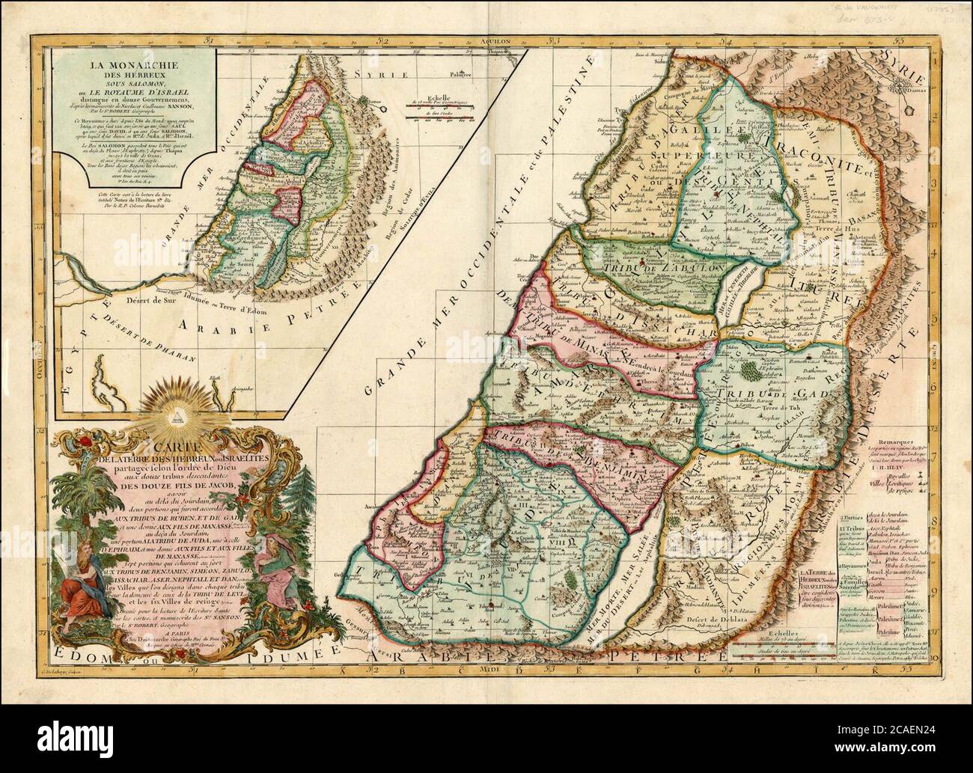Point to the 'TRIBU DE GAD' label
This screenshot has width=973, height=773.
(762, 395)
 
